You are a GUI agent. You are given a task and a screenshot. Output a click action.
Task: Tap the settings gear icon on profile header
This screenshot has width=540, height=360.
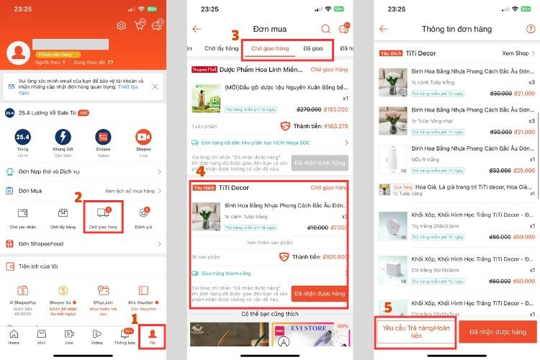point(121,26)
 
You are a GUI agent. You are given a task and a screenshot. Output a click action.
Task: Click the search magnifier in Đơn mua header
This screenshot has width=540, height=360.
point(326,29)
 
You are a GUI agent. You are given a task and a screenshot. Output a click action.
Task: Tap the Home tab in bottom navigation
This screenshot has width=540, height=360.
point(14,336)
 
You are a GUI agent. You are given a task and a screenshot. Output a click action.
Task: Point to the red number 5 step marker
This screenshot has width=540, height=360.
point(388,307)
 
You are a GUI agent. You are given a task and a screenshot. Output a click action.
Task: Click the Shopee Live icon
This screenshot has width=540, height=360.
point(143,141)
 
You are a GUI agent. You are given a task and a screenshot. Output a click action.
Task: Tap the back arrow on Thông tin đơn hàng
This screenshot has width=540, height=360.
point(384,29)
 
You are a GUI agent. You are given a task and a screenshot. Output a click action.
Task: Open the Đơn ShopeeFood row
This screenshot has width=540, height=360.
point(83,244)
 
